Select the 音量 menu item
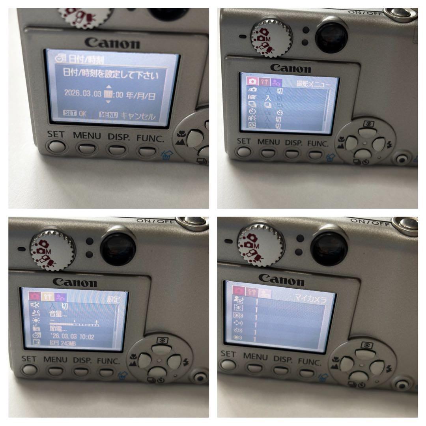pyautogui.click(x=58, y=314)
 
